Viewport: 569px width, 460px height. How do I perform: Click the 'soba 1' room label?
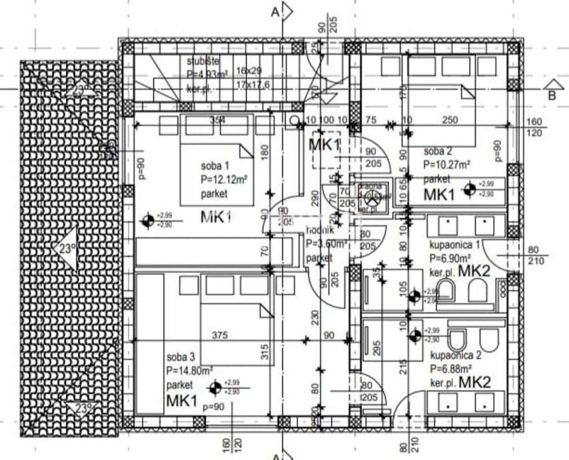215,165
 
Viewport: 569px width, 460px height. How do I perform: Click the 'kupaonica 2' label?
452,355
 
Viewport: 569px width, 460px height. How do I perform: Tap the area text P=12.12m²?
224,179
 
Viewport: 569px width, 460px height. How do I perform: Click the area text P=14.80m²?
190,370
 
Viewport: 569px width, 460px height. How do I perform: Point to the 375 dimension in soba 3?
221,335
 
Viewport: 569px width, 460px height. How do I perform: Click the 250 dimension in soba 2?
450,120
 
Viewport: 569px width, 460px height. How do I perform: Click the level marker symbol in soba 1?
148,219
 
